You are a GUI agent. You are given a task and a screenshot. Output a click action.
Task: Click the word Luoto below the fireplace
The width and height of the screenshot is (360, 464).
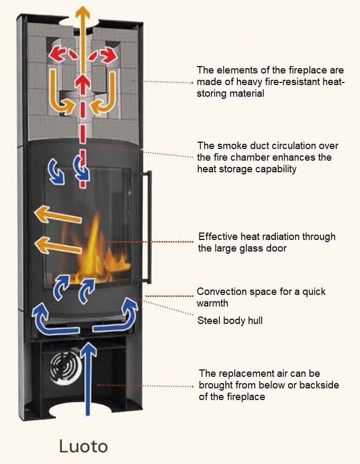(x=84, y=446)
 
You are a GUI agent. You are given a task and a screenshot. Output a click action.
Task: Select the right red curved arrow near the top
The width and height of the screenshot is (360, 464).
(x=104, y=53)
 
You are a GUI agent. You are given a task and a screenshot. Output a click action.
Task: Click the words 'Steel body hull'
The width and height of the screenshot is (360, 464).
(x=229, y=320)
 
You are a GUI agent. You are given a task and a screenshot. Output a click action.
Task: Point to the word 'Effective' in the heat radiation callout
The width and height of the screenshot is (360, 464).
(x=218, y=236)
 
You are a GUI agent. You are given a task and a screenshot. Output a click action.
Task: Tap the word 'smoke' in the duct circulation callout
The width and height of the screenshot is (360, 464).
(x=228, y=145)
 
